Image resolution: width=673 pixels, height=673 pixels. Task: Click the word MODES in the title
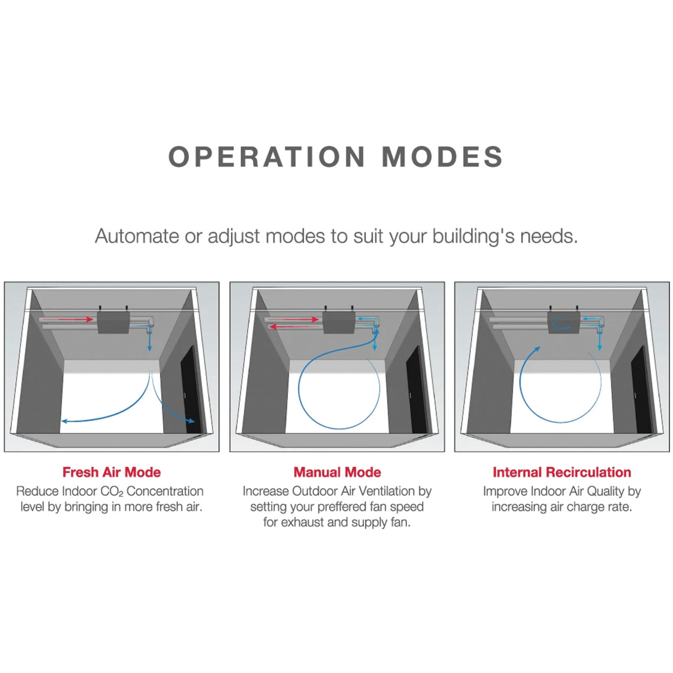pos(442,157)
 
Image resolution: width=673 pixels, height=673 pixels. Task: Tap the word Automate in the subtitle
pos(137,236)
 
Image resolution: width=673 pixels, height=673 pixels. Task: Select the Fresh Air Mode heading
pos(111,472)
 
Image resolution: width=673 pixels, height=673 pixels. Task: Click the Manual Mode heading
pos(337,472)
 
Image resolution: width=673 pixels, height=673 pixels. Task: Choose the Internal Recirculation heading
pos(562,472)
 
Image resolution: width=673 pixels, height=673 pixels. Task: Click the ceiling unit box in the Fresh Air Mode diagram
pos(113,322)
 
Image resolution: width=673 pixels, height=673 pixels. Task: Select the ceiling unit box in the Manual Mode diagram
pos(339,322)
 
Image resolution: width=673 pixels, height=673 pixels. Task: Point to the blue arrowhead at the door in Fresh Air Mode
pos(191,421)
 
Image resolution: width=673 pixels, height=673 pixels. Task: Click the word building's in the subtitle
pos(474,236)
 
